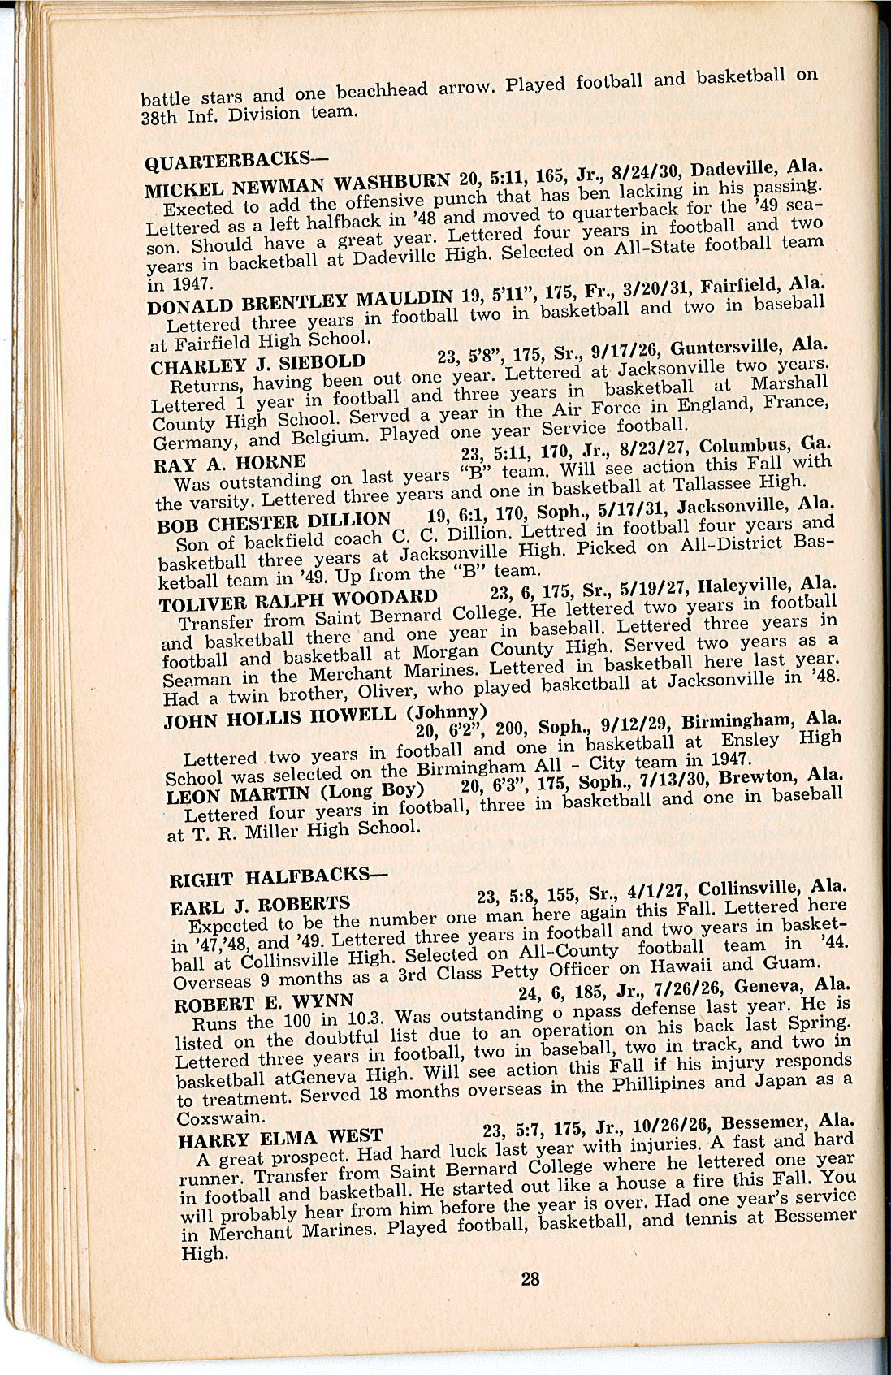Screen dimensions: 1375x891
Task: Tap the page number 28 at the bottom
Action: click(530, 1279)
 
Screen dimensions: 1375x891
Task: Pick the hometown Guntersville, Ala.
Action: click(750, 348)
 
